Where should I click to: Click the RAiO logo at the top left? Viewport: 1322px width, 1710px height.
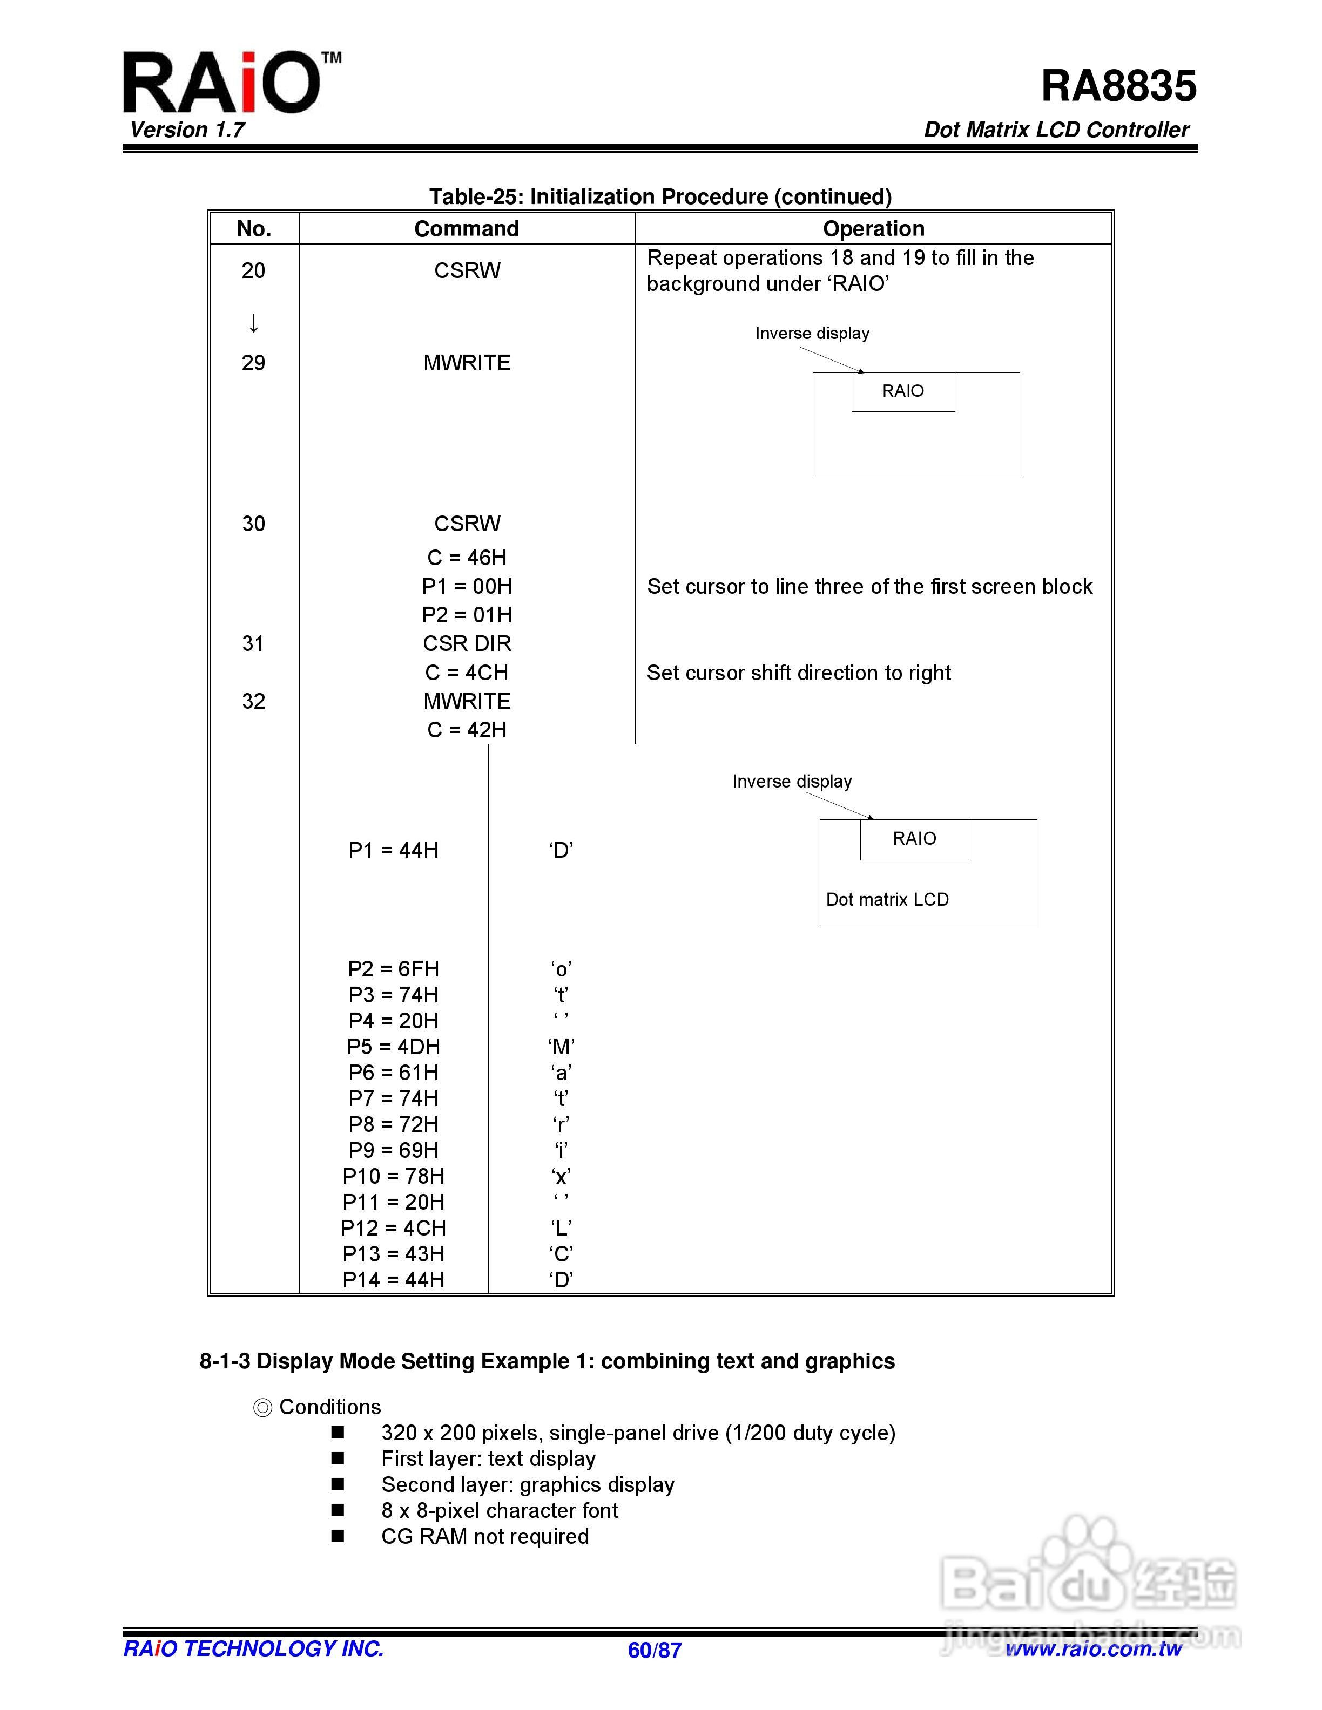point(223,83)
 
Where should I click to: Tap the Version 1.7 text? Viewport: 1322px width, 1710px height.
point(187,130)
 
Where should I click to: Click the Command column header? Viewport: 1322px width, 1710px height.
point(466,229)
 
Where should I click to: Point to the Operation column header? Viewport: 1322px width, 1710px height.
point(873,229)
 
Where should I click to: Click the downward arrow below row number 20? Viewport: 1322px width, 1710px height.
point(253,323)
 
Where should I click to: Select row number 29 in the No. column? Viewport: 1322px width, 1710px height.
point(253,363)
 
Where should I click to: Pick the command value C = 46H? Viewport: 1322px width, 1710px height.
point(466,558)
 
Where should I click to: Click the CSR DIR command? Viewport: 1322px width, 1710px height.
point(466,643)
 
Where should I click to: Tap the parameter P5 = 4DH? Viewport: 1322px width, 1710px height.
point(393,1047)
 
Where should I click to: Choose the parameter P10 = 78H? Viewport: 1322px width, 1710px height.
point(393,1176)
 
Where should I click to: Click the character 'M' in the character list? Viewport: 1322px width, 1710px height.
point(561,1047)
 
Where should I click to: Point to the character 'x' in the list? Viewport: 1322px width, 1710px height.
point(561,1176)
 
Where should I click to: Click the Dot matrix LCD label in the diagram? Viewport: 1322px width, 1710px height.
point(887,900)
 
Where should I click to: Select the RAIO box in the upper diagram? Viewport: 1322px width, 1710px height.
point(903,391)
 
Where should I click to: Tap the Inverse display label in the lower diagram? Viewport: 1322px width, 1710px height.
point(792,782)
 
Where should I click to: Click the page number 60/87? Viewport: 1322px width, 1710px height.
point(654,1651)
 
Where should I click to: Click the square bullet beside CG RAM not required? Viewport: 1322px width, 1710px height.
point(338,1536)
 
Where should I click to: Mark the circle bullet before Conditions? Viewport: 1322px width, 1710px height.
point(262,1408)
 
